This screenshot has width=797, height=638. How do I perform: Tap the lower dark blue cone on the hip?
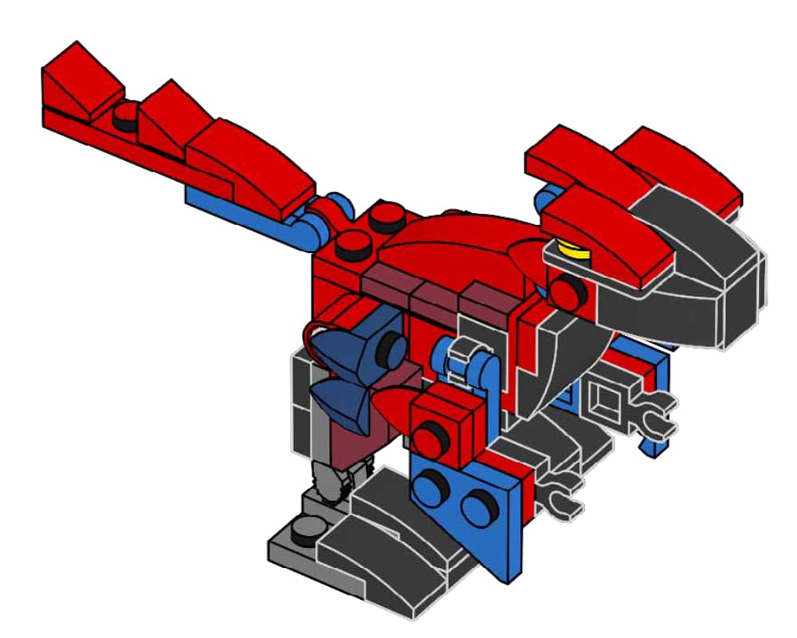pos(339,399)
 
